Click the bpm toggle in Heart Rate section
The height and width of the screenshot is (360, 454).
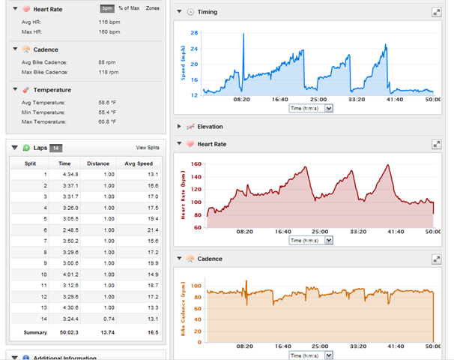pyautogui.click(x=107, y=8)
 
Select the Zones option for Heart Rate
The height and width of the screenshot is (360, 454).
pyautogui.click(x=153, y=8)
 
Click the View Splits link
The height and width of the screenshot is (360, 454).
pyautogui.click(x=148, y=148)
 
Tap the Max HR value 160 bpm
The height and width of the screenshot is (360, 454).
pyautogui.click(x=109, y=32)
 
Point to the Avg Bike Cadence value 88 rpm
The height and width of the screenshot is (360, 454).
pyautogui.click(x=107, y=62)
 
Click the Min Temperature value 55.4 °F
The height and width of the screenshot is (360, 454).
pyautogui.click(x=107, y=112)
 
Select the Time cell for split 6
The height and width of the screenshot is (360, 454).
pyautogui.click(x=70, y=230)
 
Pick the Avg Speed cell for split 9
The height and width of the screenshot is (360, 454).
pyautogui.click(x=153, y=263)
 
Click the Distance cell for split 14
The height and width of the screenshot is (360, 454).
pyautogui.click(x=109, y=319)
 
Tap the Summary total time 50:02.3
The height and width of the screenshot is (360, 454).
pyautogui.click(x=69, y=332)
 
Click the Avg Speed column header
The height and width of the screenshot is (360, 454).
pyautogui.click(x=139, y=163)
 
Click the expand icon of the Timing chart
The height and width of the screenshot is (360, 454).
pyautogui.click(x=436, y=12)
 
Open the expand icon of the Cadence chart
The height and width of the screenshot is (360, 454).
pyautogui.click(x=436, y=259)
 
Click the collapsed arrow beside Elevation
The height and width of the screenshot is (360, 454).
pyautogui.click(x=179, y=127)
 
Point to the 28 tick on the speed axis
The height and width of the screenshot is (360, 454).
pyautogui.click(x=194, y=33)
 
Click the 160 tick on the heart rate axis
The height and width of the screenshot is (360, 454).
pyautogui.click(x=196, y=164)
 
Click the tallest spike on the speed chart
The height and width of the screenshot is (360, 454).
pyautogui.click(x=243, y=34)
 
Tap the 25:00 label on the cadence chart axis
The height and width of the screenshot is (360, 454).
pyautogui.click(x=320, y=346)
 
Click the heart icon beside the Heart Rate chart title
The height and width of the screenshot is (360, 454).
pyautogui.click(x=190, y=144)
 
